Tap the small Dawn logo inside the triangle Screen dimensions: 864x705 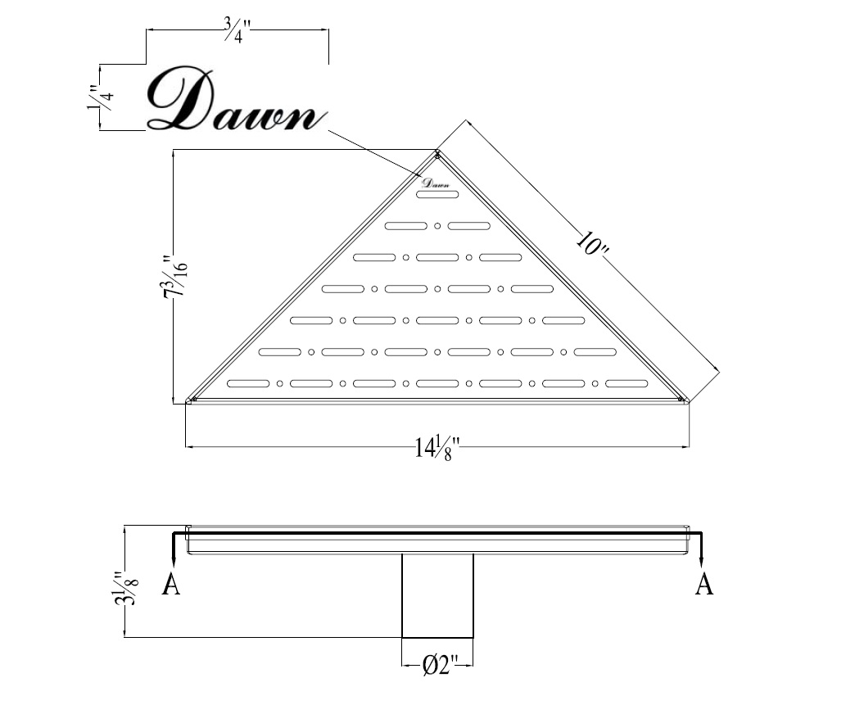[436, 183]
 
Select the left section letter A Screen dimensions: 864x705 [171, 583]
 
